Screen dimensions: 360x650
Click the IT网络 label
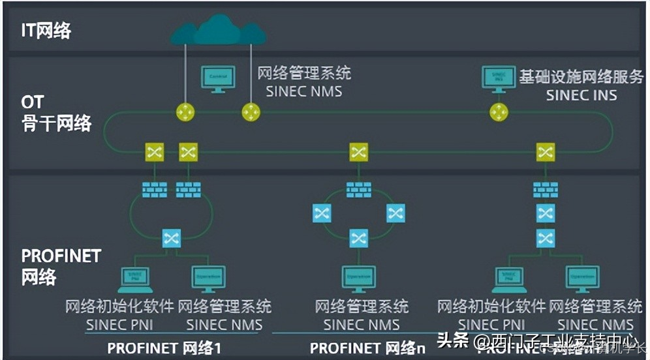click(x=46, y=30)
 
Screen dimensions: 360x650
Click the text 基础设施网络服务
click(x=581, y=76)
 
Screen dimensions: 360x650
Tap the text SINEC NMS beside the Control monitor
click(x=303, y=91)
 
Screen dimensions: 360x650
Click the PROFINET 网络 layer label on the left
click(x=61, y=265)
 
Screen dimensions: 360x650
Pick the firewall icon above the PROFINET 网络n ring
click(x=359, y=190)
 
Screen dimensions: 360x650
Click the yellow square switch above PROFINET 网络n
click(x=359, y=153)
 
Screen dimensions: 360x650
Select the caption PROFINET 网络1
click(x=164, y=348)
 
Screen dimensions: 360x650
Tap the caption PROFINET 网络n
click(x=367, y=348)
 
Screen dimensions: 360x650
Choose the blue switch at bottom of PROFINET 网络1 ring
click(x=171, y=237)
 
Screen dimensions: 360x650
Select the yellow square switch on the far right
click(x=546, y=153)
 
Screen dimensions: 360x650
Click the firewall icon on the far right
click(x=546, y=190)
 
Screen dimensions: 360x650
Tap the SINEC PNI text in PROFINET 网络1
click(x=119, y=324)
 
